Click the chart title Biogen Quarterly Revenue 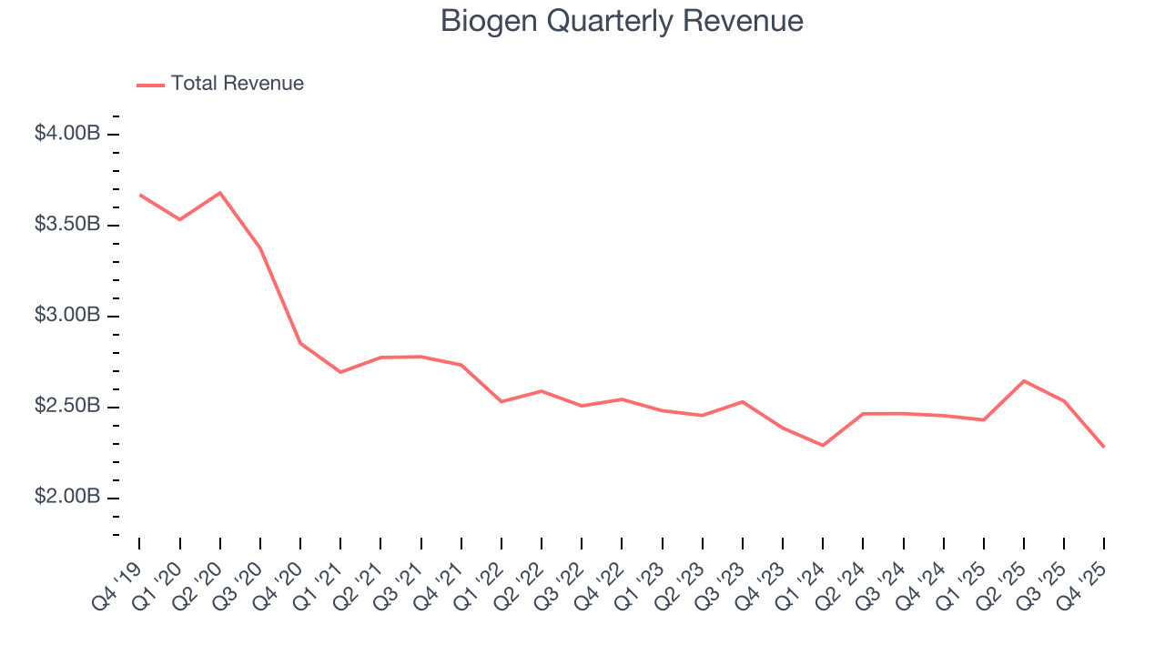(x=622, y=21)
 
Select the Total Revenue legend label (x=237, y=84)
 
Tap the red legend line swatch (x=150, y=85)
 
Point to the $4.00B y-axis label (x=67, y=134)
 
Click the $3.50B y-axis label (x=67, y=225)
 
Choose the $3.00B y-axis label (x=67, y=316)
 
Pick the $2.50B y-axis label (x=67, y=407)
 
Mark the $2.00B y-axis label (x=67, y=498)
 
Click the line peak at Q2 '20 (x=220, y=193)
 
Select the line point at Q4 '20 (x=300, y=343)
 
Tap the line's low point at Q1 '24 (x=823, y=445)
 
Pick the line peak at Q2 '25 (x=1024, y=380)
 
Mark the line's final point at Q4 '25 (x=1104, y=447)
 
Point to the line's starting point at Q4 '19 (x=140, y=195)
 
